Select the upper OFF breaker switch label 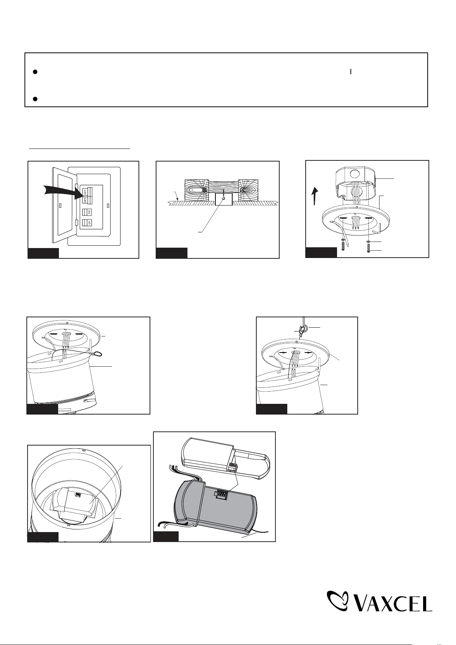click(85, 191)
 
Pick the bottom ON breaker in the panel click(87, 223)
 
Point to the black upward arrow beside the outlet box click(315, 196)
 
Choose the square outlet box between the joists click(224, 199)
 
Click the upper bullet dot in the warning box click(34, 72)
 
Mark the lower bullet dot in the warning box click(34, 99)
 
